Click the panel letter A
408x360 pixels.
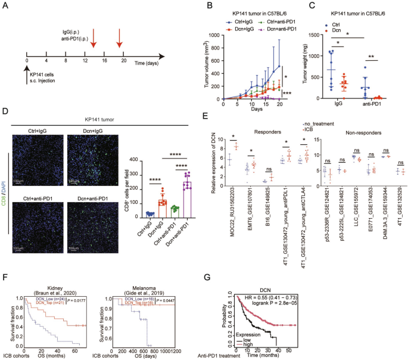coord(5,6)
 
